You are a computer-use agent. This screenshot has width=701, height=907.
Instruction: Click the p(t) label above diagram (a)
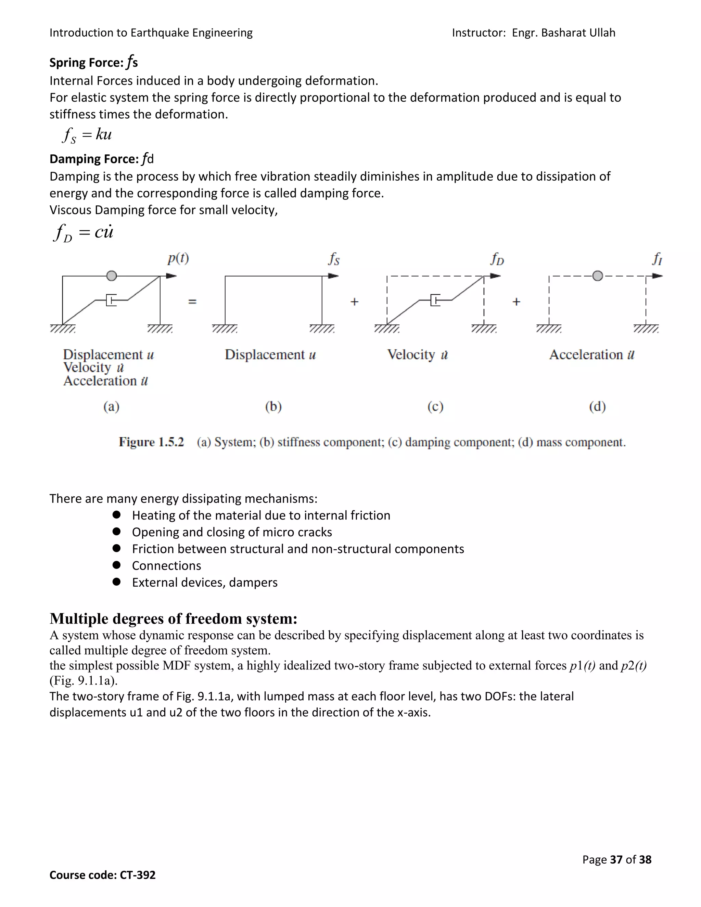point(178,259)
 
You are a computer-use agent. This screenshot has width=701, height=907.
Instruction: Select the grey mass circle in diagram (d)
point(597,276)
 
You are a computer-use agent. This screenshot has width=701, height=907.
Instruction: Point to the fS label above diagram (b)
point(334,259)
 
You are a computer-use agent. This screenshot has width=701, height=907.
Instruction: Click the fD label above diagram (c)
point(497,259)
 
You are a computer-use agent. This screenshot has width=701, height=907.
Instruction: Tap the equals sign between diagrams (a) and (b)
point(192,302)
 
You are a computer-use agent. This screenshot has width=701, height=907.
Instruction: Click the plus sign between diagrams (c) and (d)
point(516,302)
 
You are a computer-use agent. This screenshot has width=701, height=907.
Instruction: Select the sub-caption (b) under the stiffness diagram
point(273,406)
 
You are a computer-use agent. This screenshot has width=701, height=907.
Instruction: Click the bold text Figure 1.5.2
point(151,442)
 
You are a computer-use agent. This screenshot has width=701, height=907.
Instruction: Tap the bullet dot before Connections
point(116,565)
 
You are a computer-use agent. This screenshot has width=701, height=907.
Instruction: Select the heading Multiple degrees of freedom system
point(173,619)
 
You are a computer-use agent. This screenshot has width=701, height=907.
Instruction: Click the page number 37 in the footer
point(616,859)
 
